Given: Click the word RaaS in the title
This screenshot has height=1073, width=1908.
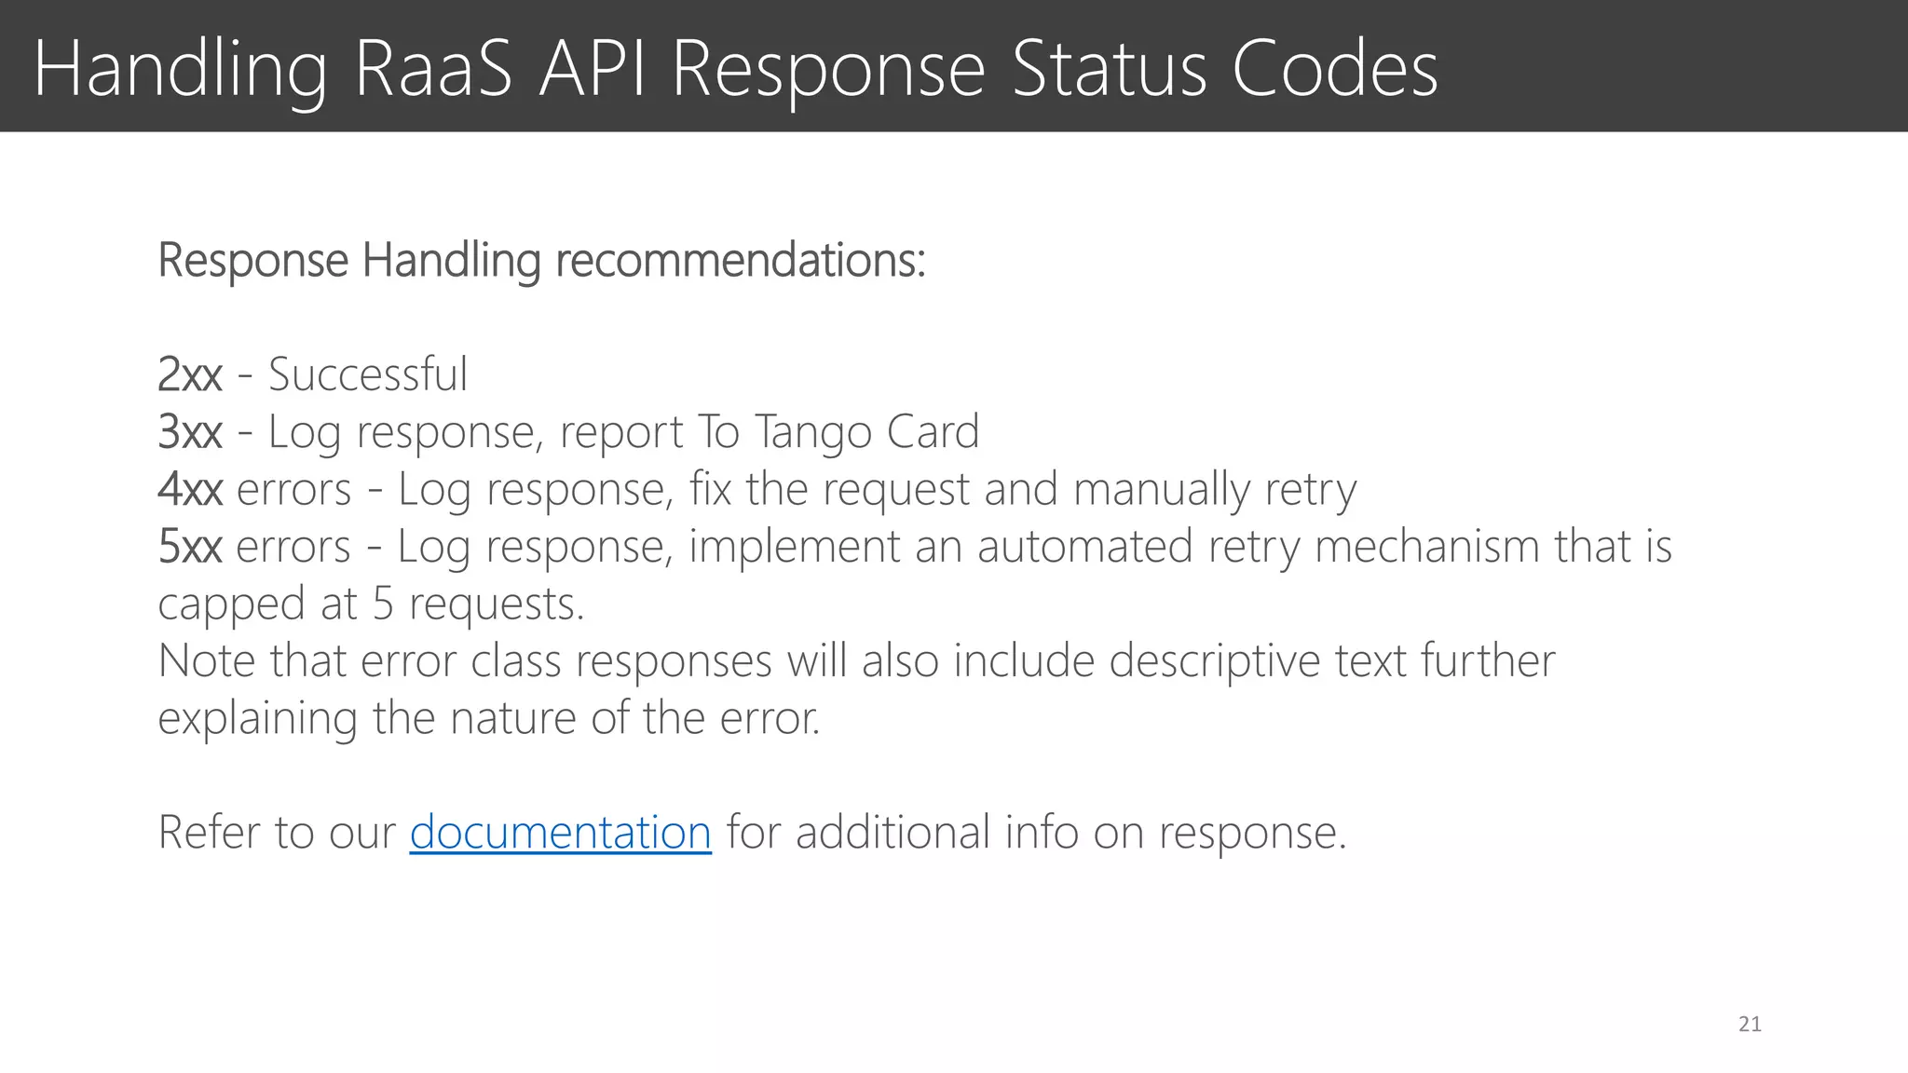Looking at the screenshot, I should click(x=433, y=69).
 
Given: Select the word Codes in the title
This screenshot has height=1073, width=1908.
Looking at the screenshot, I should click(x=1335, y=69).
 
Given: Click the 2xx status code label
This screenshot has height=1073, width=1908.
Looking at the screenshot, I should click(x=190, y=375).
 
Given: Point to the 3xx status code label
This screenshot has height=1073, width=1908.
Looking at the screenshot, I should click(x=190, y=432).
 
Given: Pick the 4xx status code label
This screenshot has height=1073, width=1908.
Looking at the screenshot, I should click(x=190, y=490).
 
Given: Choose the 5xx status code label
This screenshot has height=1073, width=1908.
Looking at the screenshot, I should click(x=190, y=547).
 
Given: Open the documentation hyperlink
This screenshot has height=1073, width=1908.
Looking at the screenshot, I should click(x=560, y=832).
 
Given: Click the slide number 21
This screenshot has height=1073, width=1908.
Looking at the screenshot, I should click(x=1750, y=1025).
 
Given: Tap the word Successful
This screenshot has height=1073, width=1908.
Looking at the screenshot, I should click(x=368, y=375).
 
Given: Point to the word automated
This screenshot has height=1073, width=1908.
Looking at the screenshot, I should click(x=1084, y=547).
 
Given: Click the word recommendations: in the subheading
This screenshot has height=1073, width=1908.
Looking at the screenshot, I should click(x=741, y=260).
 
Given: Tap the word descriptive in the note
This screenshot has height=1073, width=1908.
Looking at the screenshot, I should click(x=1214, y=661).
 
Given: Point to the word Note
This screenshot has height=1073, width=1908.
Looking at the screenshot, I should click(x=206, y=661).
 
